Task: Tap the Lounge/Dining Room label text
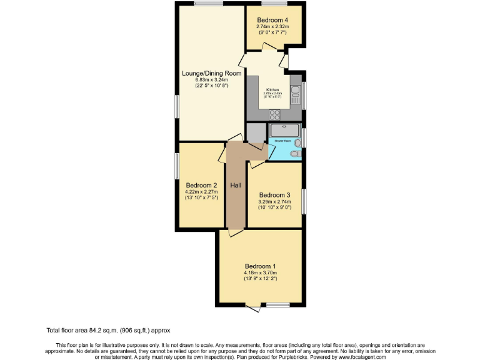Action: coord(211,73)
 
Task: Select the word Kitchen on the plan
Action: coord(272,89)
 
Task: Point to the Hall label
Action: coord(236,186)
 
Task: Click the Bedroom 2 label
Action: coord(201,185)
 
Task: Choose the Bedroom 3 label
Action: coord(275,194)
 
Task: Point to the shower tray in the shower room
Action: coord(284,131)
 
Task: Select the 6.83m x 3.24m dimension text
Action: coord(211,80)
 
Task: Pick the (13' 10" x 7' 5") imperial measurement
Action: coord(201,198)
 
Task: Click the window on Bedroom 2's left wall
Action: coord(176,168)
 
